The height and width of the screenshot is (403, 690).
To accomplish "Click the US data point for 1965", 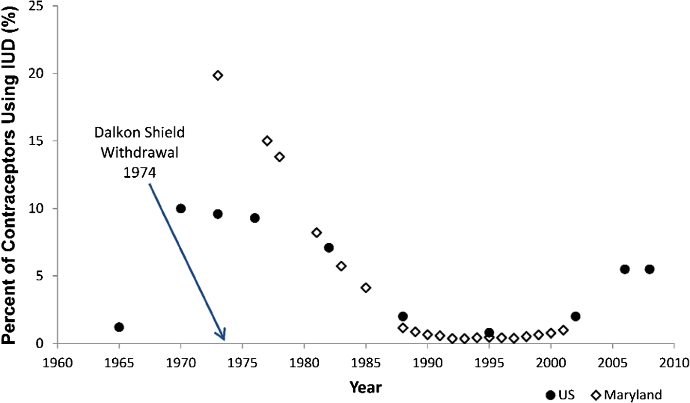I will point(119,327).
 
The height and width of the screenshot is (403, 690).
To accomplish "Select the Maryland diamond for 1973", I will point(218,75).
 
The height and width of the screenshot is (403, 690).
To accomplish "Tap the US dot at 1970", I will point(181,208).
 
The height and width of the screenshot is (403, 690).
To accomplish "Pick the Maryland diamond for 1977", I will point(267,141).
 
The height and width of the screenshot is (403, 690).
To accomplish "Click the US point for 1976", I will point(255,218).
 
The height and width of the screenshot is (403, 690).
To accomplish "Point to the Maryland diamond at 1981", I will point(316,233).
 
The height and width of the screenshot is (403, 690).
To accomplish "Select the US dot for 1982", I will point(329,248).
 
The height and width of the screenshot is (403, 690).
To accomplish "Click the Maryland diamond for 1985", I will point(366,287).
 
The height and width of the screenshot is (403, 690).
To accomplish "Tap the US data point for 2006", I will point(625,269).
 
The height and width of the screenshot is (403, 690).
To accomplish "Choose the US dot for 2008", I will point(650,269).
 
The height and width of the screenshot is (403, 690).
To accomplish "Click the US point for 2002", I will point(575,316).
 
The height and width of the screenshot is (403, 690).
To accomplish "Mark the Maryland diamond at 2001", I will point(563,330).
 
